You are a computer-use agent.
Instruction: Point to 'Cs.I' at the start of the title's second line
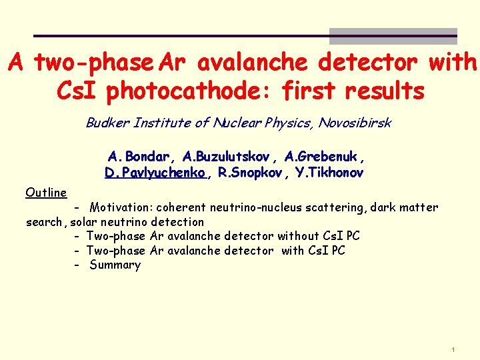(78, 91)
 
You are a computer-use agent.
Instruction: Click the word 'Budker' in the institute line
(107, 123)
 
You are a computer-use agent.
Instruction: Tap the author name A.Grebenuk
(324, 157)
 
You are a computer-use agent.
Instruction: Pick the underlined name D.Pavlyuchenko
(155, 173)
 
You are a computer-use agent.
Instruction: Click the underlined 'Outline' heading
(46, 193)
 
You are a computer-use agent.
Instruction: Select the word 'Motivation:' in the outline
(121, 207)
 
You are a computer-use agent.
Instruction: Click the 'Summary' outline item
(115, 265)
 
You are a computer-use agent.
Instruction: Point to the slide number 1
(453, 350)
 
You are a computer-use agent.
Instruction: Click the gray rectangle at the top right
(393, 36)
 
